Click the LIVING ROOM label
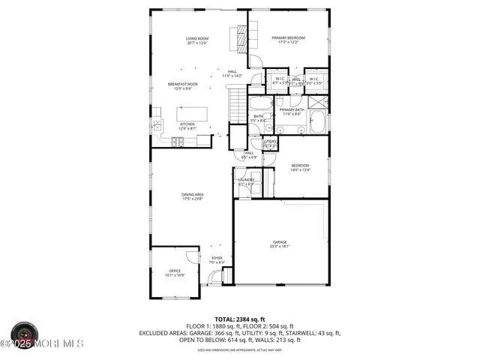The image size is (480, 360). coord(197,40)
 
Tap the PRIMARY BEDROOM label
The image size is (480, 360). coord(288,40)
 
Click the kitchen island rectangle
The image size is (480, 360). coord(187,114)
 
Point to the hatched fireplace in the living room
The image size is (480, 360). coord(242,36)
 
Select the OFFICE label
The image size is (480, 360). coord(175,273)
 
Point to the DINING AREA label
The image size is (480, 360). coord(193,196)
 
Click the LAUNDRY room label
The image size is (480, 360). coord(246,180)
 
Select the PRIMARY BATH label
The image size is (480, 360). coord(291,112)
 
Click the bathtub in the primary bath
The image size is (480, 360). coord(318,121)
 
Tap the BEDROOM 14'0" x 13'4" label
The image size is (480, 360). coord(300,167)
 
